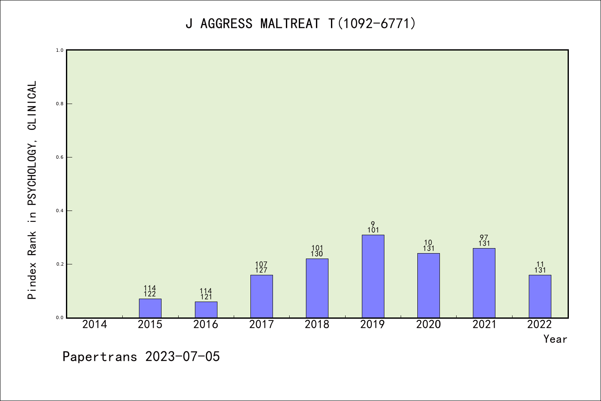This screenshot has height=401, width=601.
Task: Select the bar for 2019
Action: click(x=373, y=276)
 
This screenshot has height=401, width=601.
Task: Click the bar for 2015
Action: click(x=150, y=308)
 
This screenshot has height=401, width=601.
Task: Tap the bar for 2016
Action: click(x=206, y=310)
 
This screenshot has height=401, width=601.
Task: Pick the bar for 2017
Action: click(x=261, y=296)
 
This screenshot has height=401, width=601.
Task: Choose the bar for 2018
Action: click(x=317, y=288)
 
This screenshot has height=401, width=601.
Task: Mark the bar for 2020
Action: click(x=428, y=285)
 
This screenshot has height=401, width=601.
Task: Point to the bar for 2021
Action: click(x=484, y=283)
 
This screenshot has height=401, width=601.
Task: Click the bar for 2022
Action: click(x=540, y=296)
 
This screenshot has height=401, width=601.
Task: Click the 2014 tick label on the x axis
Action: click(x=95, y=325)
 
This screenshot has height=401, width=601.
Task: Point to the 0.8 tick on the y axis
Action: click(x=60, y=104)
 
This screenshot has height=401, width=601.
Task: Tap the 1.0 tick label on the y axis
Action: click(x=60, y=50)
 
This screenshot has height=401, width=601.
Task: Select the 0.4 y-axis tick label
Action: click(x=60, y=211)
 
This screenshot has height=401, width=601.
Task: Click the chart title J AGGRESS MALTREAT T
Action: click(x=300, y=23)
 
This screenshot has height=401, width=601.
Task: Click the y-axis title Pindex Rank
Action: click(x=32, y=190)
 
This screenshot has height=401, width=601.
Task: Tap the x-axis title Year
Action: click(x=555, y=339)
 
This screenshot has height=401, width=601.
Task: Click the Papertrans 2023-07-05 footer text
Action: click(x=141, y=357)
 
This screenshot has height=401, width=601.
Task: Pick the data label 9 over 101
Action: click(x=373, y=227)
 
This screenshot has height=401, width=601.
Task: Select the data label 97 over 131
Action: click(x=484, y=241)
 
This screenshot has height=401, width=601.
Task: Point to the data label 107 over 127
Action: click(x=261, y=267)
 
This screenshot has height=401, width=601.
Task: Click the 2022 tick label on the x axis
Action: click(x=540, y=325)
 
